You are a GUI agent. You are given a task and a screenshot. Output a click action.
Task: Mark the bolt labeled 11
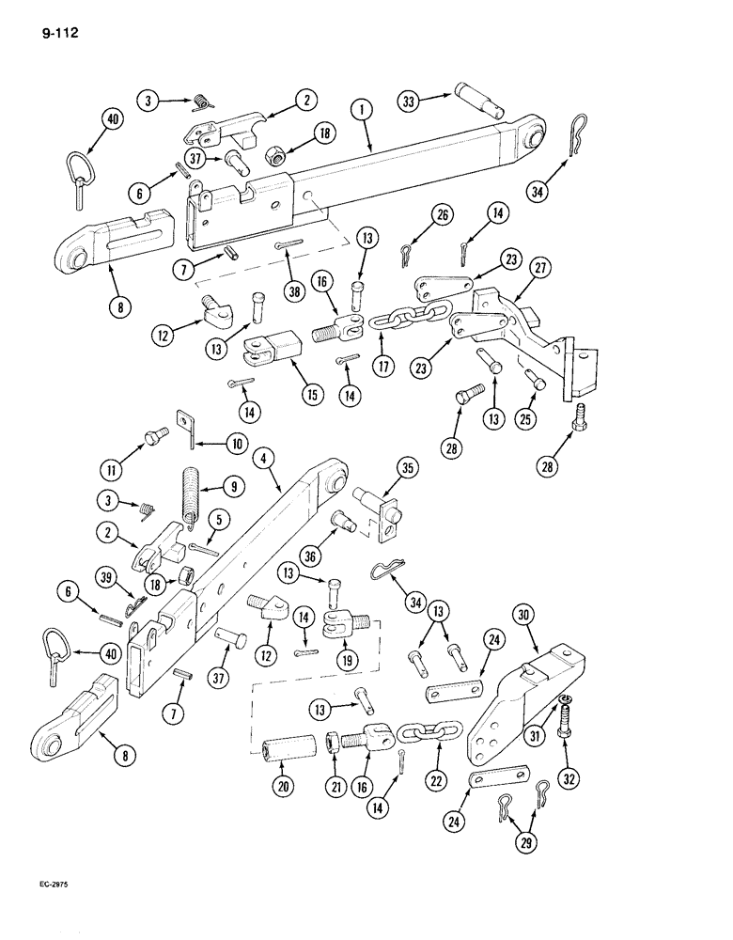pyautogui.click(x=153, y=436)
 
